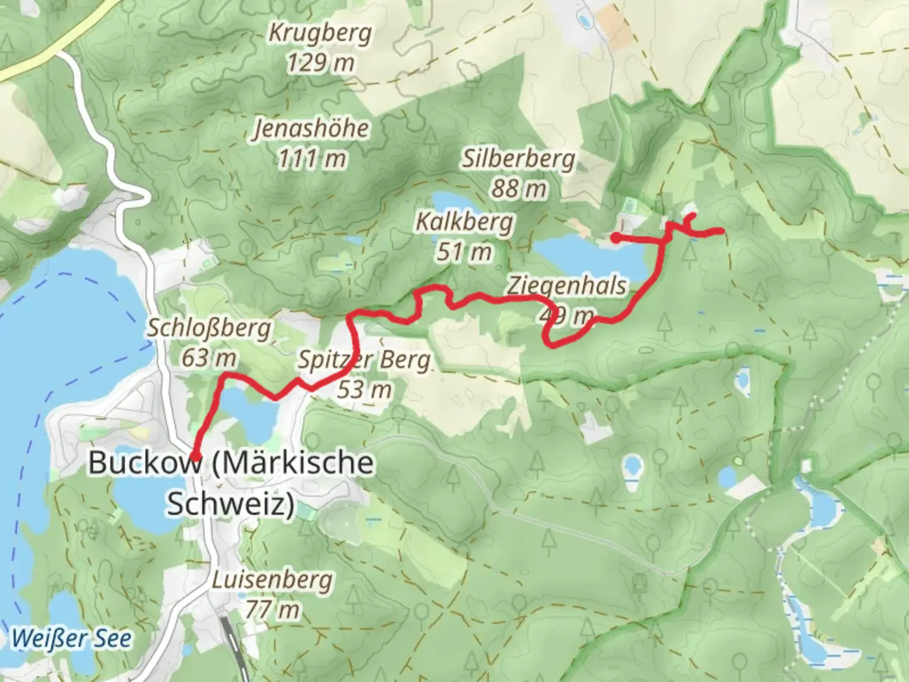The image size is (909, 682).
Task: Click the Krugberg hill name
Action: pyautogui.click(x=320, y=33)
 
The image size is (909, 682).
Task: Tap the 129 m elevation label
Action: pyautogui.click(x=320, y=63)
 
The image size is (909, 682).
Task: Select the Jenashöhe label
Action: pyautogui.click(x=311, y=128)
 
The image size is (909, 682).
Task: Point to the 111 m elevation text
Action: pyautogui.click(x=312, y=158)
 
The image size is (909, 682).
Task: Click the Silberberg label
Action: pyautogui.click(x=518, y=159)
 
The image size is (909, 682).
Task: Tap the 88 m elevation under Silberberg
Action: pyautogui.click(x=518, y=188)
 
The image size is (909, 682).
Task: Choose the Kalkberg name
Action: pyautogui.click(x=464, y=222)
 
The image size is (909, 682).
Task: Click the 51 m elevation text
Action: pyautogui.click(x=464, y=252)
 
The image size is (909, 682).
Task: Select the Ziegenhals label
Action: pyautogui.click(x=567, y=285)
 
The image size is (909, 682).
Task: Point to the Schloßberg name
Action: pyautogui.click(x=209, y=328)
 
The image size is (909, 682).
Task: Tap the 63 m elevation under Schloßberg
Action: pyautogui.click(x=209, y=358)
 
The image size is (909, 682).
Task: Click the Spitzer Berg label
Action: pyautogui.click(x=364, y=360)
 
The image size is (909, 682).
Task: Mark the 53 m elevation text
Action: pyautogui.click(x=364, y=390)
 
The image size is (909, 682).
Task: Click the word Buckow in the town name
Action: pyautogui.click(x=145, y=462)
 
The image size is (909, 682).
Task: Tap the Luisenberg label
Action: pyautogui.click(x=271, y=580)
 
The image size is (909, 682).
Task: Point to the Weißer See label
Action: pyautogui.click(x=71, y=638)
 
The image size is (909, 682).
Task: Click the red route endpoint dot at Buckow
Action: pyautogui.click(x=196, y=456)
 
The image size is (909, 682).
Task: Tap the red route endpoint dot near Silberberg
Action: pyautogui.click(x=615, y=237)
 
